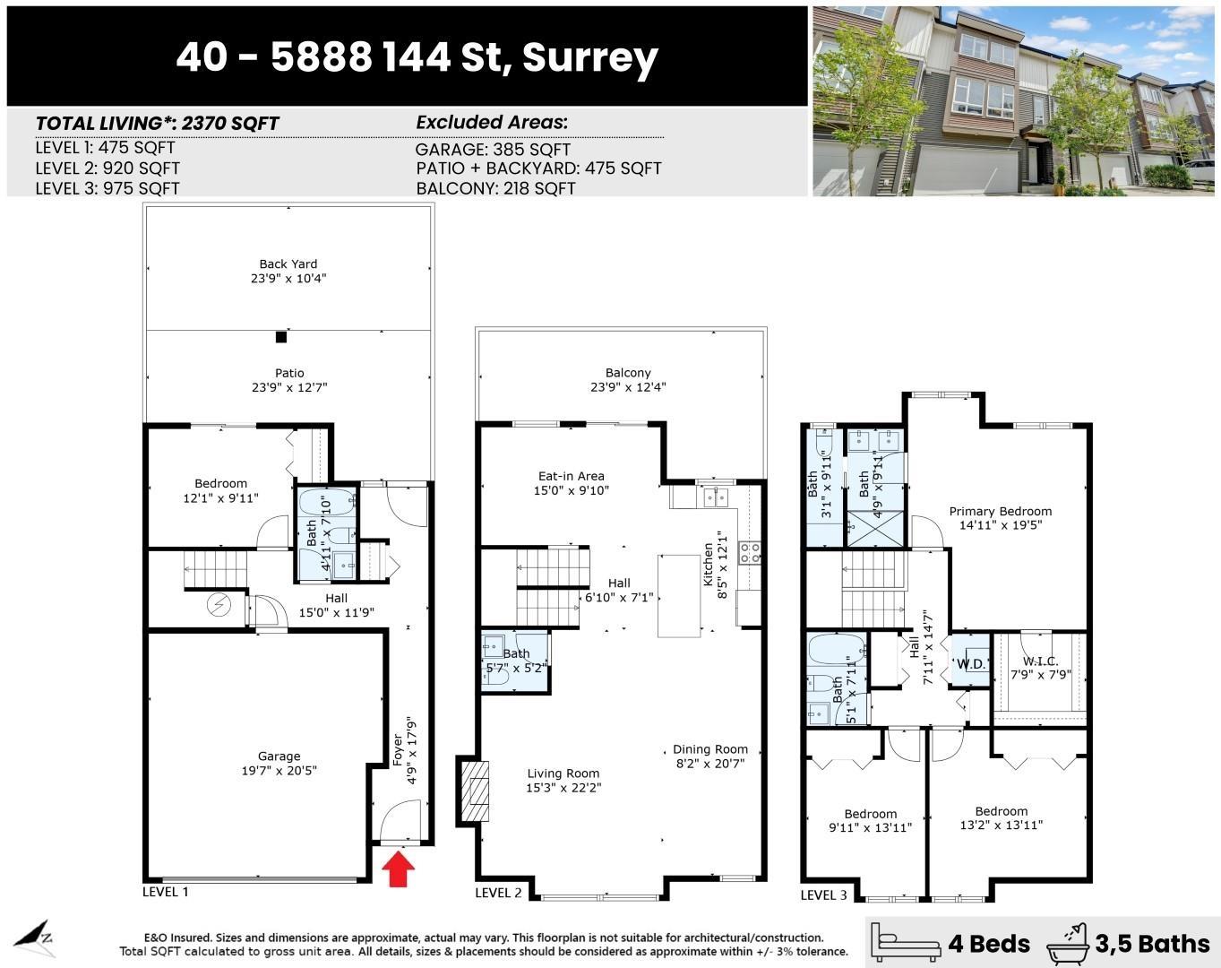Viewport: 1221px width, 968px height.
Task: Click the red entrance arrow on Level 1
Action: click(399, 869)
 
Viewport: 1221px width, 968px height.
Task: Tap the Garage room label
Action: click(279, 756)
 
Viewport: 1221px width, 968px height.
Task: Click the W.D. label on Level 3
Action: click(971, 664)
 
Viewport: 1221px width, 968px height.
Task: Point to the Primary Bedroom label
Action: click(1000, 512)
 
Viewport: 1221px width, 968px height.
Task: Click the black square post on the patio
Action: click(281, 337)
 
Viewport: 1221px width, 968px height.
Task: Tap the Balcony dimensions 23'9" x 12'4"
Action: click(627, 387)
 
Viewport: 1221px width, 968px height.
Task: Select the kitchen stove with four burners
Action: click(749, 552)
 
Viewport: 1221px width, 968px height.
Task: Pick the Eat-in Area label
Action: click(571, 476)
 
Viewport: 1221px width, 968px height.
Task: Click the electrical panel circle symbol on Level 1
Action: click(219, 606)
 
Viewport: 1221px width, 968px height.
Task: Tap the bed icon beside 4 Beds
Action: click(907, 942)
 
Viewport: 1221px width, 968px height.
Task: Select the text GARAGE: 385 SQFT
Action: click(493, 150)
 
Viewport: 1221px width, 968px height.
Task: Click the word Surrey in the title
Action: click(589, 57)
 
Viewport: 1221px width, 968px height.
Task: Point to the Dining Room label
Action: click(709, 749)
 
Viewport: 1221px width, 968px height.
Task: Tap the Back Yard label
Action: click(288, 264)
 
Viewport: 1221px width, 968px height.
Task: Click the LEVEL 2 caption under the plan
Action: click(498, 893)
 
